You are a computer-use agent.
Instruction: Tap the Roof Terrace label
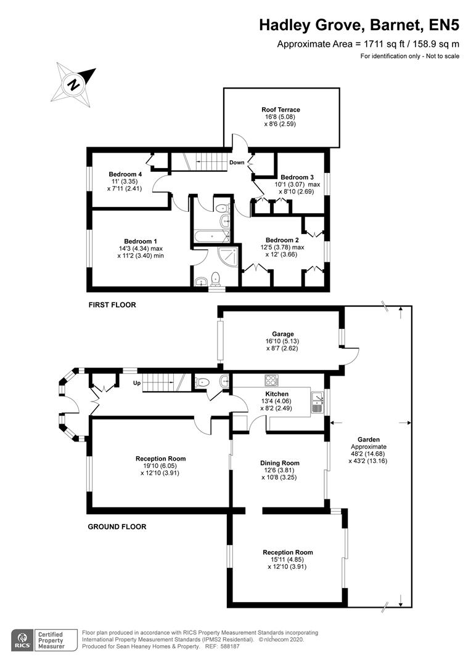click(281, 110)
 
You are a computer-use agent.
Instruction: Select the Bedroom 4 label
click(125, 174)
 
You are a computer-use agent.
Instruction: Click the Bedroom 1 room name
click(141, 241)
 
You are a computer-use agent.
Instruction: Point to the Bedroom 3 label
click(297, 177)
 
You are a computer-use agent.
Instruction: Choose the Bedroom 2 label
click(282, 240)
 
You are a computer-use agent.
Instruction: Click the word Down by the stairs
click(237, 163)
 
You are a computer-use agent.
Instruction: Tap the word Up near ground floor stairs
click(137, 383)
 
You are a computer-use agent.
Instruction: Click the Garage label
click(283, 334)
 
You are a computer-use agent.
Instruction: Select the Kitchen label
click(277, 394)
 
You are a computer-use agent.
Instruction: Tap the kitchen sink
click(317, 402)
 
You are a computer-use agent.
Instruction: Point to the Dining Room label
click(280, 463)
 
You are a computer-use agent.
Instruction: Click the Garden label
click(369, 440)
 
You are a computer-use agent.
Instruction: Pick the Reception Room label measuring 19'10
click(160, 459)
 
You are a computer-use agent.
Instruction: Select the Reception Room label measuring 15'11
click(288, 552)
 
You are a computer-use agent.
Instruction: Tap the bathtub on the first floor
click(211, 236)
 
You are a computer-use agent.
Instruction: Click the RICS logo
click(22, 640)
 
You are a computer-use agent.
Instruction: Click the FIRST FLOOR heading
click(112, 305)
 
